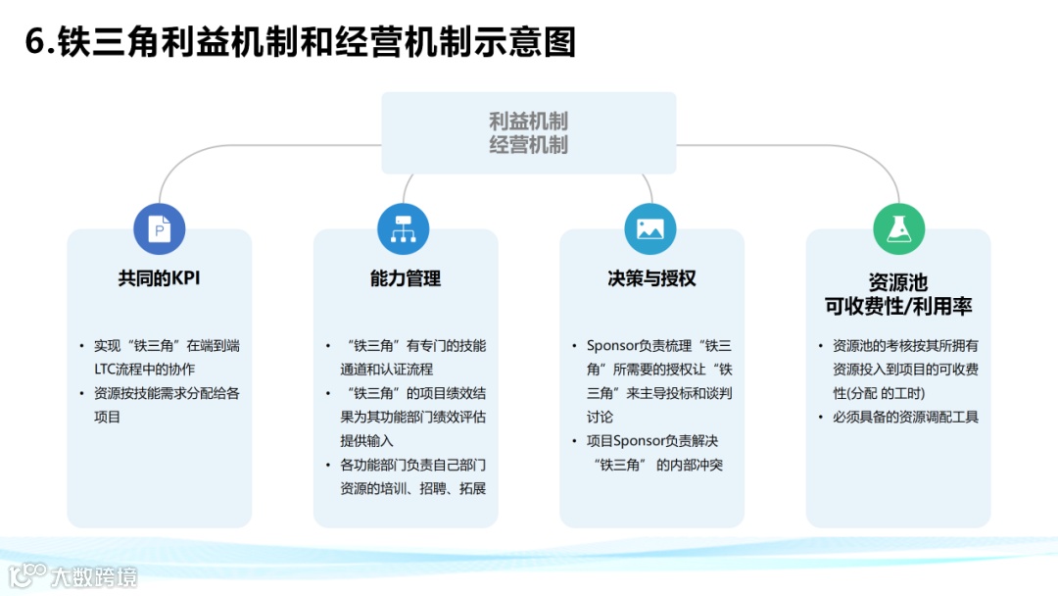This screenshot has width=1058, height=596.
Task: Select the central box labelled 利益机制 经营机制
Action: pyautogui.click(x=529, y=133)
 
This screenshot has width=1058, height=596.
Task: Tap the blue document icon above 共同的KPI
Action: pyautogui.click(x=159, y=229)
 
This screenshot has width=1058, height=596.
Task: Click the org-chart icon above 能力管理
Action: pyautogui.click(x=404, y=229)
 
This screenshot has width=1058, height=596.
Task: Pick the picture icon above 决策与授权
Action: pyautogui.click(x=650, y=229)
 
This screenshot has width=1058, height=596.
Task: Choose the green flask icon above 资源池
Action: pyautogui.click(x=898, y=229)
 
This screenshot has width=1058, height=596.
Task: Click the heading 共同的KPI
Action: pyautogui.click(x=159, y=278)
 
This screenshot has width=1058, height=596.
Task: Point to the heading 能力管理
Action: pyautogui.click(x=406, y=278)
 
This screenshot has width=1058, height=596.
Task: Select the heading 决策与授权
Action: pyautogui.click(x=651, y=278)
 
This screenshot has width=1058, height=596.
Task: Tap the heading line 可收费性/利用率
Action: pyautogui.click(x=898, y=306)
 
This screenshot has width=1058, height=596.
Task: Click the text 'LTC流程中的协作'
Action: pyautogui.click(x=144, y=370)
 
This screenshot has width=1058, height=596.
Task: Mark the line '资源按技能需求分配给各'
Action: pyautogui.click(x=167, y=393)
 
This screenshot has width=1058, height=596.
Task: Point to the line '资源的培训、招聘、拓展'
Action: pyautogui.click(x=412, y=488)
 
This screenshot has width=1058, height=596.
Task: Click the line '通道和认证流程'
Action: pyautogui.click(x=386, y=370)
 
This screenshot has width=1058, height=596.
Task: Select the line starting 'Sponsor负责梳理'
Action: pyautogui.click(x=658, y=346)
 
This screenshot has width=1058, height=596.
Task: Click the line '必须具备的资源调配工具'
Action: pyautogui.click(x=905, y=417)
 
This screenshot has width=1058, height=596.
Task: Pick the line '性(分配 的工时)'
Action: pyautogui.click(x=878, y=393)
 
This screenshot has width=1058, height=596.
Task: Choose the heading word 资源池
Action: pyautogui.click(x=898, y=282)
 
